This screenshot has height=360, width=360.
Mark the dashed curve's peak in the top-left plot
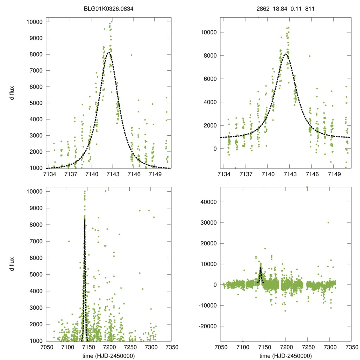[109, 53]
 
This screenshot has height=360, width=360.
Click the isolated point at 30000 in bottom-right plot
[328, 223]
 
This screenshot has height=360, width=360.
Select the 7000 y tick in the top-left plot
[37, 71]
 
